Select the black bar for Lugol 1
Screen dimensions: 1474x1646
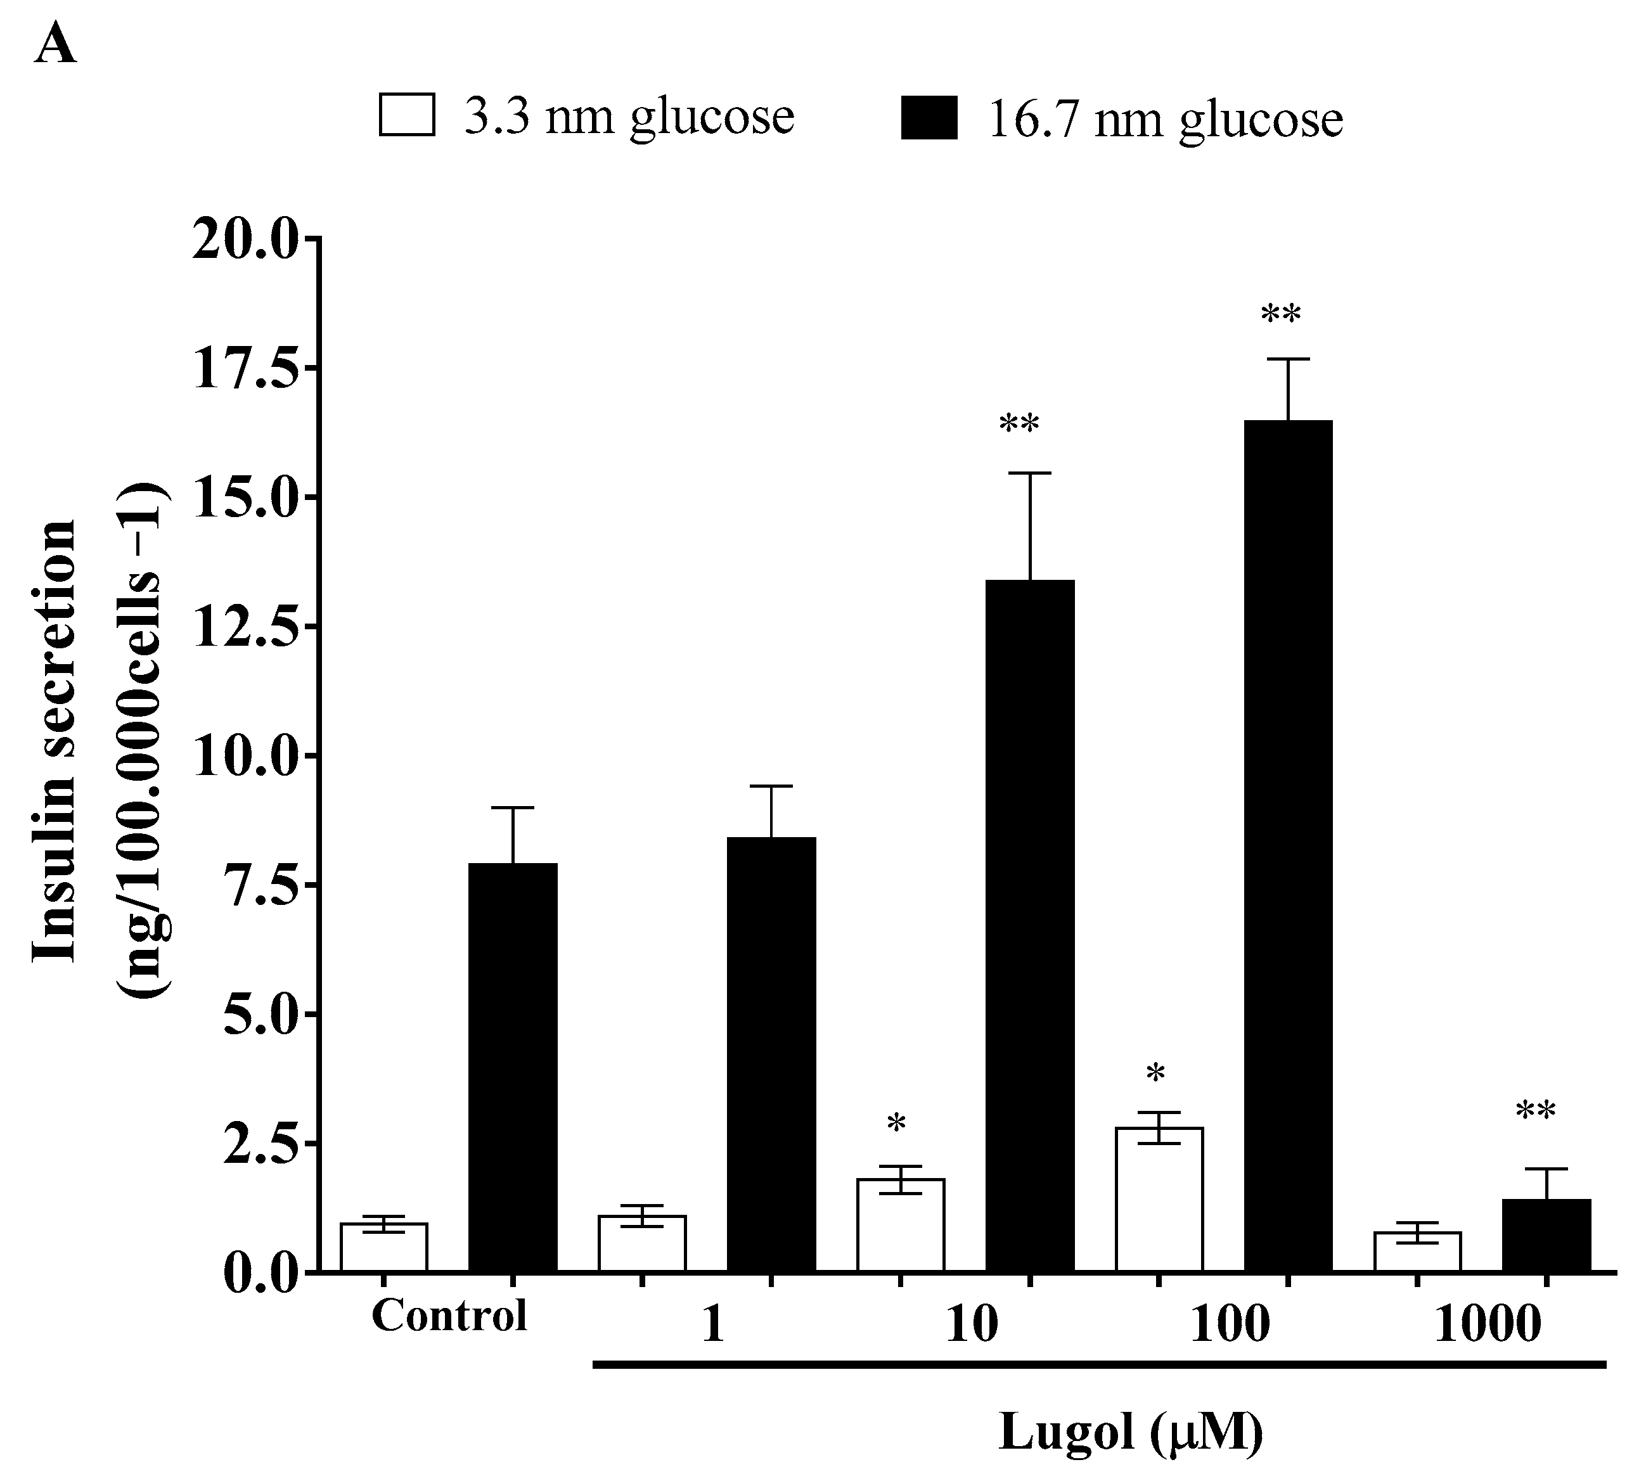pyautogui.click(x=771, y=1054)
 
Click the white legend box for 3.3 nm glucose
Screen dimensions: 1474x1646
pyautogui.click(x=407, y=114)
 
